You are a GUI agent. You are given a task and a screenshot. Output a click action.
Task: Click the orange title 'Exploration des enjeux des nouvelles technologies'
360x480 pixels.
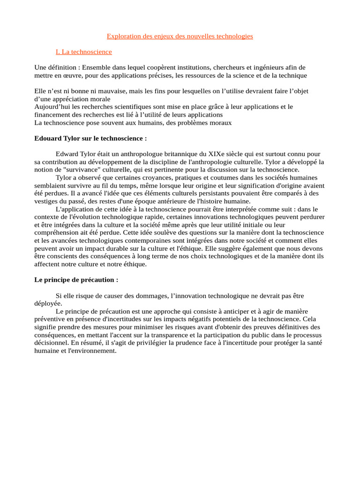click(x=180, y=36)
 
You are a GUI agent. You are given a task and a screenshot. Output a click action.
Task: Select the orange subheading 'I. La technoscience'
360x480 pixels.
click(x=83, y=52)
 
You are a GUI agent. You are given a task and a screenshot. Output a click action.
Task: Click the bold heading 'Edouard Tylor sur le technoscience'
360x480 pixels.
click(x=90, y=138)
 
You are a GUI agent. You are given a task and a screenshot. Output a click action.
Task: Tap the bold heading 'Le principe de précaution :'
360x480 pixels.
click(x=76, y=280)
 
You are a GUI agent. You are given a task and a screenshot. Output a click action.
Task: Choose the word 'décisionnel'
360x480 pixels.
click(x=52, y=343)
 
